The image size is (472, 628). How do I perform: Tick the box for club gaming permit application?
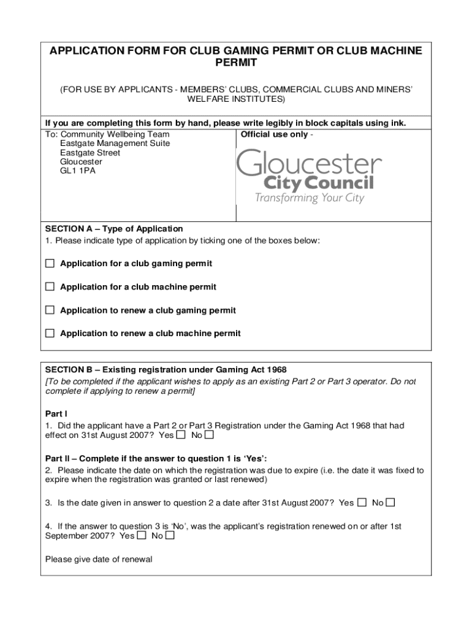click(x=50, y=264)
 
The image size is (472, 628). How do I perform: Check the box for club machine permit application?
click(x=50, y=287)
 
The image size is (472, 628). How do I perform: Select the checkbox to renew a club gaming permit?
click(x=50, y=310)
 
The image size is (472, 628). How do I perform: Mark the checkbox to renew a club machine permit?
click(x=50, y=334)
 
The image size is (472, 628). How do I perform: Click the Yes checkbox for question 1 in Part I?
click(x=181, y=435)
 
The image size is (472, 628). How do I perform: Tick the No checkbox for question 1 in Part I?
click(x=210, y=435)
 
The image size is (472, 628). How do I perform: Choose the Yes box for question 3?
click(x=362, y=503)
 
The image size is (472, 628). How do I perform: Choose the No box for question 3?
click(x=390, y=503)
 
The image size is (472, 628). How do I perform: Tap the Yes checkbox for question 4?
click(x=142, y=535)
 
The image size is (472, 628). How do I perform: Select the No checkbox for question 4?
click(x=170, y=535)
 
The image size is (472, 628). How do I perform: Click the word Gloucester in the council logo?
click(x=309, y=164)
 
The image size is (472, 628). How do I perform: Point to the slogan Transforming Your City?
click(x=309, y=198)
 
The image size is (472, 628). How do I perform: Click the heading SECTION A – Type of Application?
click(x=114, y=229)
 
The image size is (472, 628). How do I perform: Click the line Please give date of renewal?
click(x=99, y=559)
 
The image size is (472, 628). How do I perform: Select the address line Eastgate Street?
click(x=90, y=153)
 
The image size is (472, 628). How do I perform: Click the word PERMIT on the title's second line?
click(x=236, y=63)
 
